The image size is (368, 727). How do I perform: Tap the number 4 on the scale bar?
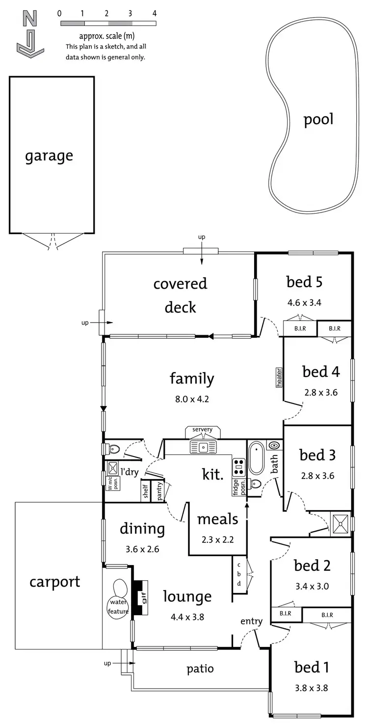(x=155, y=13)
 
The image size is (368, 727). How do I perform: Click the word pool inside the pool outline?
(x=318, y=120)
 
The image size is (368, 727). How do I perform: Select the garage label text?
(x=49, y=156)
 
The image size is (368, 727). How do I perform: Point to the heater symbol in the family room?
(x=279, y=377)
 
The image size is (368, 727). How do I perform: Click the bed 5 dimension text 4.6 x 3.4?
(x=304, y=302)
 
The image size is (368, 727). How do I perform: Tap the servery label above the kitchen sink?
(x=202, y=430)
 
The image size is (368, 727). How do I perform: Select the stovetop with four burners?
(x=238, y=465)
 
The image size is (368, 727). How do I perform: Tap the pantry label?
(x=160, y=491)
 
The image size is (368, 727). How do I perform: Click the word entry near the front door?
(x=251, y=621)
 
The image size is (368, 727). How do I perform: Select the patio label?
(x=200, y=668)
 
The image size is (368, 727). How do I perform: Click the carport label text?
(x=54, y=582)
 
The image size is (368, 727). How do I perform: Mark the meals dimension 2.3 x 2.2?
(x=217, y=539)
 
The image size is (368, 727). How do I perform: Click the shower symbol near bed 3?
(x=340, y=522)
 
